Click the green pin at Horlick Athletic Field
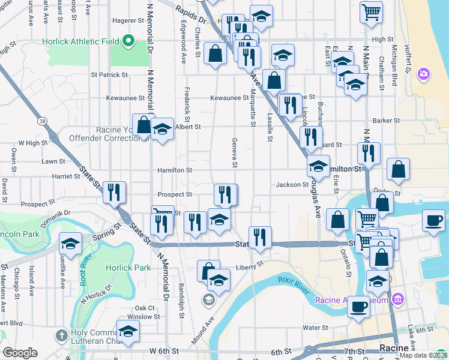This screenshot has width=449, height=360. [127, 41]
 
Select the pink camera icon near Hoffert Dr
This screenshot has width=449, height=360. [424, 74]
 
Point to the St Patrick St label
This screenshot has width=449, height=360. [109, 75]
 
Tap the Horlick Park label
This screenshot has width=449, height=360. [128, 268]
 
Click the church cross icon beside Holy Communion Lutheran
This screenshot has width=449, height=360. [61, 334]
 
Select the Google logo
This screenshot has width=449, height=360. [20, 353]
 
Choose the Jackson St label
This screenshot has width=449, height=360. [292, 185]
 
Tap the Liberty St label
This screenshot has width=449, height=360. [250, 265]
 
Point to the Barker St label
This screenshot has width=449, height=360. [386, 121]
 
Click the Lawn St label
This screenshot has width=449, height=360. [53, 161]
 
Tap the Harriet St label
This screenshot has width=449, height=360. [67, 176]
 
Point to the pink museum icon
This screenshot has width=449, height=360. [396, 299]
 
